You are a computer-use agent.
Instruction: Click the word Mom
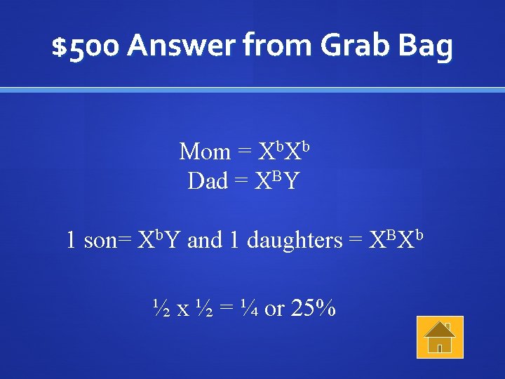click(205, 152)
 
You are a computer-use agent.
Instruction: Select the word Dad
click(208, 181)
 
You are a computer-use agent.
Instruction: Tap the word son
click(102, 241)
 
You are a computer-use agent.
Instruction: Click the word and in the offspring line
click(206, 241)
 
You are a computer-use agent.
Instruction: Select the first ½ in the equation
click(161, 307)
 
